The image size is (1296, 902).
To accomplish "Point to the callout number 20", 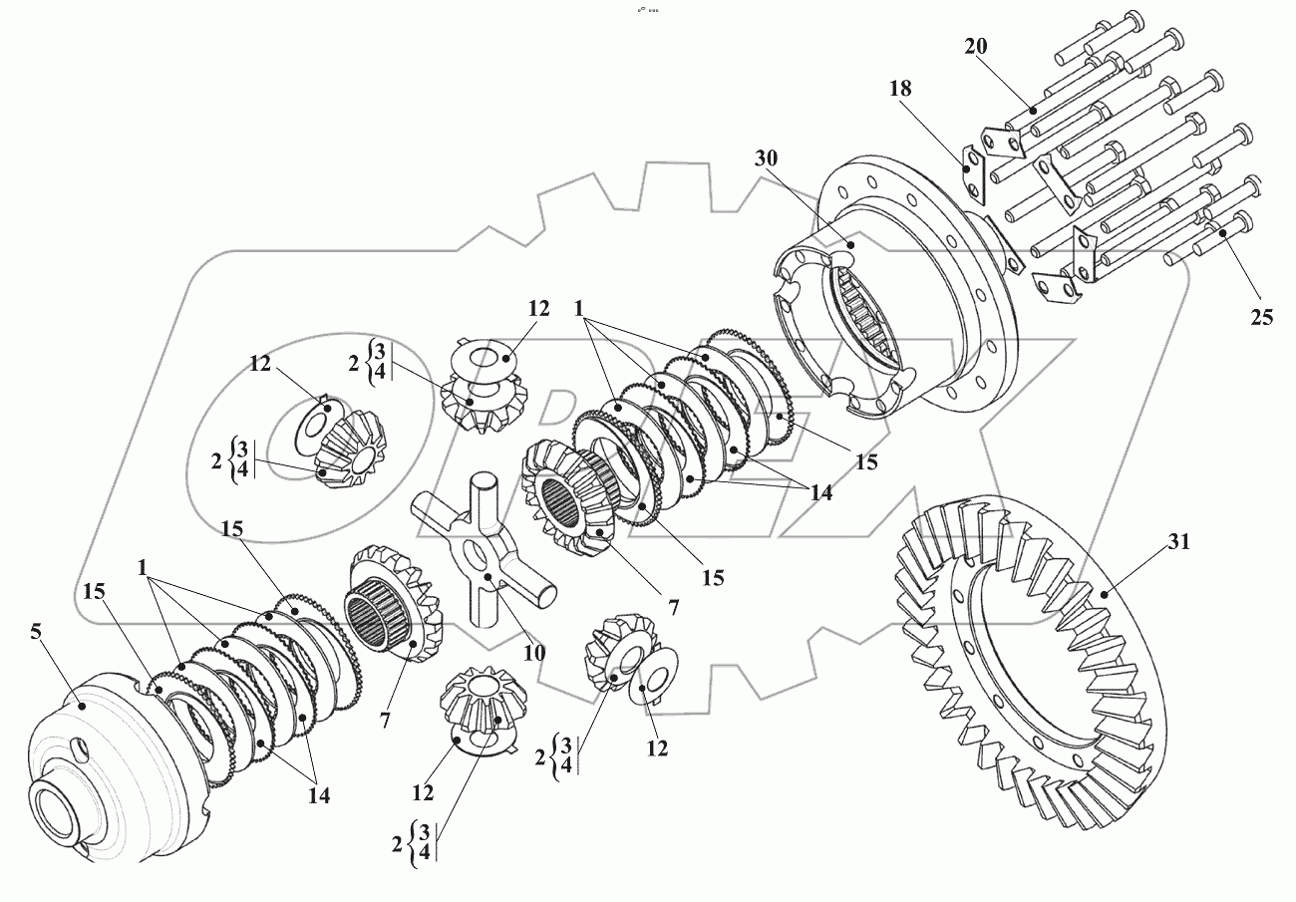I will pyautogui.click(x=977, y=46).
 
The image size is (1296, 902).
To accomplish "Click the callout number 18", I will pyautogui.click(x=900, y=89).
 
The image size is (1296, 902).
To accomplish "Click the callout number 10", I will pyautogui.click(x=533, y=654).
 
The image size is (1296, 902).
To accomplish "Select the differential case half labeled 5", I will pyautogui.click(x=110, y=757).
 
